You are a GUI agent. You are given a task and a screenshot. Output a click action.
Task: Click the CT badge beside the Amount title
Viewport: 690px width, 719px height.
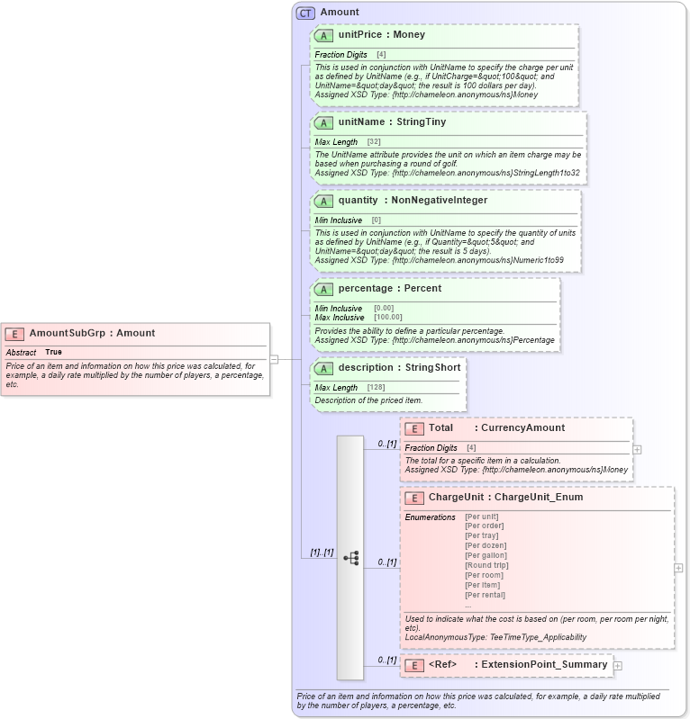[305, 13]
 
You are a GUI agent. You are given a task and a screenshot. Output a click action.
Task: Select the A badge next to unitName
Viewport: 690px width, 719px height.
[323, 122]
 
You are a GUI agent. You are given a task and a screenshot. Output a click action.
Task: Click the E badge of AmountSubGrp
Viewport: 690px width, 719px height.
[14, 334]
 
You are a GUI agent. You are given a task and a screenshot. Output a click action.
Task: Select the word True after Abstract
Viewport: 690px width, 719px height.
[54, 352]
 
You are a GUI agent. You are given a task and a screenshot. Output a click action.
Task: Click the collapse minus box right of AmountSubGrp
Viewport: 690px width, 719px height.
[275, 359]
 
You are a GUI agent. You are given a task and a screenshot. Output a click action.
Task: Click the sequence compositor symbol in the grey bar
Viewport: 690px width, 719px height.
[350, 558]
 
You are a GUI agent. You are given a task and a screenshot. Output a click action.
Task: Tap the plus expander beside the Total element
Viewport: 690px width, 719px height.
[637, 449]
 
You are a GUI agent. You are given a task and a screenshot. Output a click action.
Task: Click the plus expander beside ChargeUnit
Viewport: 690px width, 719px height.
[678, 568]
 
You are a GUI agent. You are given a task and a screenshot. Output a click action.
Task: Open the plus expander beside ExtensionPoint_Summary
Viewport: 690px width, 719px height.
[618, 665]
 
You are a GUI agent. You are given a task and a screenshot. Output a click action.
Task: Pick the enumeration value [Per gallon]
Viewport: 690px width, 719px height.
[486, 555]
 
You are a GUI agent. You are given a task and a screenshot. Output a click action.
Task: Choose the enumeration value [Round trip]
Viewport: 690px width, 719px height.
[486, 565]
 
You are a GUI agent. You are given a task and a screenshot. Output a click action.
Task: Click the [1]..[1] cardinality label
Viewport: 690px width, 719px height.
[322, 553]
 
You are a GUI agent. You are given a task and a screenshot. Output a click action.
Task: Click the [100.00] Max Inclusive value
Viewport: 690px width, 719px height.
[388, 318]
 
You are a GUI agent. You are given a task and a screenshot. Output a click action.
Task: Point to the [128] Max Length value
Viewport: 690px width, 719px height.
[377, 388]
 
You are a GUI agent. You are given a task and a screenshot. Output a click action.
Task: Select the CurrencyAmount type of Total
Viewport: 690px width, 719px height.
[522, 428]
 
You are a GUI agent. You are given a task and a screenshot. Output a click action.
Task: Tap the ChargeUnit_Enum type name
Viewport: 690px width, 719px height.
[539, 497]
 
